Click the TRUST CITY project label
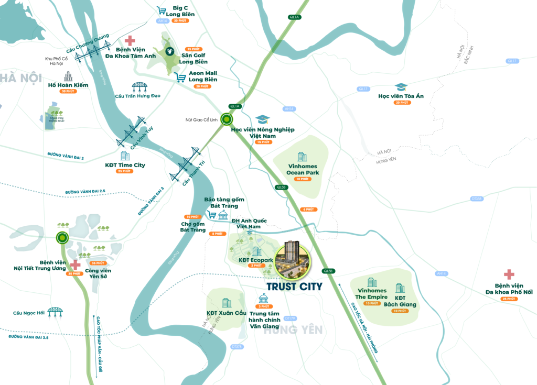tap(294, 287)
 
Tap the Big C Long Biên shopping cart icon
tap(162, 10)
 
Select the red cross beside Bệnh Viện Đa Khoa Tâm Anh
tap(129, 40)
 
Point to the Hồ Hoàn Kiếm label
tap(68, 85)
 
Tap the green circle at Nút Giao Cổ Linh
tap(227, 119)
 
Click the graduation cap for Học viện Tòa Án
tap(401, 87)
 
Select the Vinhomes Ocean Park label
tap(303, 169)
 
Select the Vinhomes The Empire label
tap(372, 294)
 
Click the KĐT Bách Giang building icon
tap(400, 288)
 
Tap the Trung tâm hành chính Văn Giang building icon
tap(263, 299)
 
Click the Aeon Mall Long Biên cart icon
tap(180, 78)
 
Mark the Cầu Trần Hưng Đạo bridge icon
tap(139, 86)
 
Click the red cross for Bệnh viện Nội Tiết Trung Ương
tap(76, 265)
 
